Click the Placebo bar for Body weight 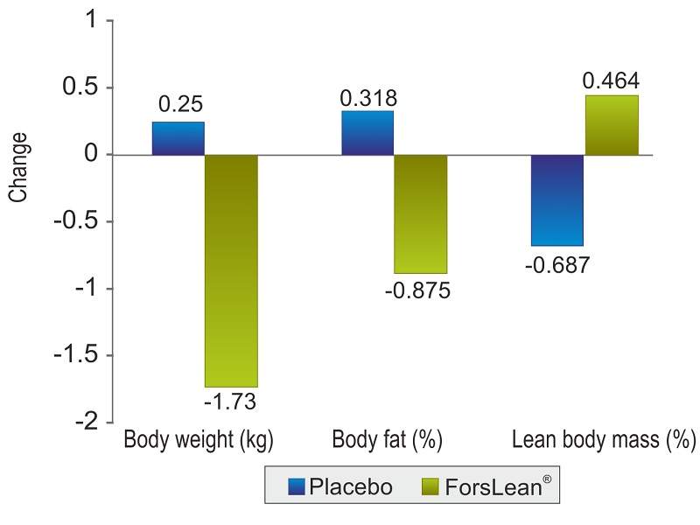[178, 138]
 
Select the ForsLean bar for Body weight [231, 270]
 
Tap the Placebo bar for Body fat [367, 133]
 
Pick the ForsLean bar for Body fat [420, 213]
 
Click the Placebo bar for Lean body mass [557, 200]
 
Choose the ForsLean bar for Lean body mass [611, 125]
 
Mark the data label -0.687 [558, 265]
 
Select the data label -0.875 [417, 290]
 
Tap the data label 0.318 [367, 96]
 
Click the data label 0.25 [180, 105]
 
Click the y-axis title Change [18, 167]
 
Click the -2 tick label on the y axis [83, 422]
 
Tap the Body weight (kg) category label [199, 440]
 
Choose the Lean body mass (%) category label [603, 440]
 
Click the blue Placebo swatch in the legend [294, 486]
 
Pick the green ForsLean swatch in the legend [431, 486]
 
